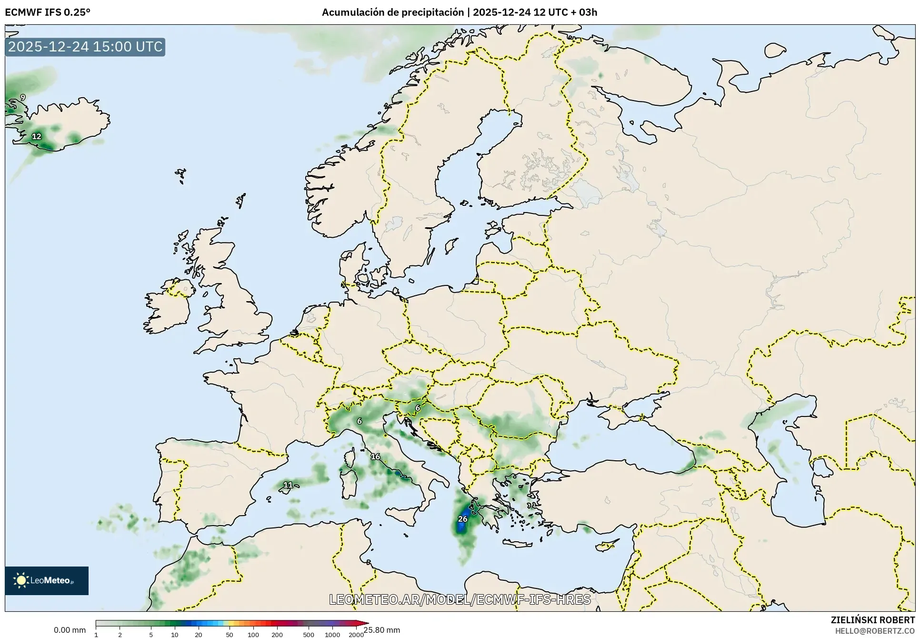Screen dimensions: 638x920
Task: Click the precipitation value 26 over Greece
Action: [x=462, y=519]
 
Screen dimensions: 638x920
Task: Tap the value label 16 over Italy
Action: [x=375, y=456]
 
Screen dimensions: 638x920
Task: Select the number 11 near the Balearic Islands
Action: [x=288, y=485]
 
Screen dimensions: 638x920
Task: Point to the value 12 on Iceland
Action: [x=37, y=136]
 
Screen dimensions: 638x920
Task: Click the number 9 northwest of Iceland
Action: [x=22, y=98]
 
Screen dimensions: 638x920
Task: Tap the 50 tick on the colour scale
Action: [x=230, y=634]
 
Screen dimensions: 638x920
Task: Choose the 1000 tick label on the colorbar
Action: [x=332, y=634]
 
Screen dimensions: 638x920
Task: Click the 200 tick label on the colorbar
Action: [x=277, y=634]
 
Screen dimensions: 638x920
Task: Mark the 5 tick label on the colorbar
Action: [x=151, y=634]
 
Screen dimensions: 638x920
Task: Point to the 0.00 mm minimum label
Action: [x=70, y=630]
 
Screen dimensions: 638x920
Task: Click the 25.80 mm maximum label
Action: [x=382, y=630]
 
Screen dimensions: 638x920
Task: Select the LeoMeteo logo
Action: [x=47, y=580]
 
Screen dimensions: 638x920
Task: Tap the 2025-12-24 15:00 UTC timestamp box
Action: [x=85, y=47]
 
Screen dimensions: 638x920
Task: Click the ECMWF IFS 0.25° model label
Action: [x=48, y=12]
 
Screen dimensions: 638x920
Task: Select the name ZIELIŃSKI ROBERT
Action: [x=872, y=620]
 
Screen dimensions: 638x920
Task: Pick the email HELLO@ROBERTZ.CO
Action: [x=875, y=631]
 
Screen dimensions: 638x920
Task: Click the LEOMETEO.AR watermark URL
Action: [x=460, y=599]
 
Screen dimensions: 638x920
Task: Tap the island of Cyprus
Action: [x=607, y=545]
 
